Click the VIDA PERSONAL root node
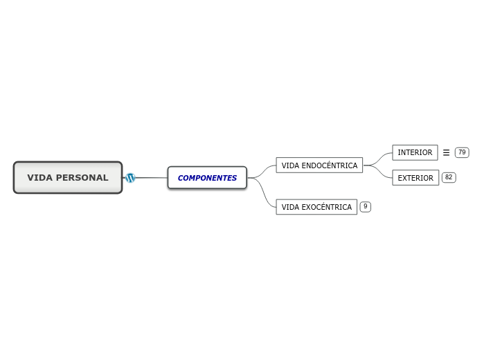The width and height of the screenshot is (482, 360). coord(68,177)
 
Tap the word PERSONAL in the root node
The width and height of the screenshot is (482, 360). coord(82,178)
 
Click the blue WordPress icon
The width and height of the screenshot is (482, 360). coord(130,178)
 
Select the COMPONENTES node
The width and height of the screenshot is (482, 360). coord(207,178)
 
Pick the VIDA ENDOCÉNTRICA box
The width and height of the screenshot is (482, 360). coord(319,165)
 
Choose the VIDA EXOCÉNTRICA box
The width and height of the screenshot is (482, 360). coord(316,207)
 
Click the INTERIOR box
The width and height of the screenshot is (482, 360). coord(415,152)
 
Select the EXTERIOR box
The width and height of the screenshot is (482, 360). coord(416,178)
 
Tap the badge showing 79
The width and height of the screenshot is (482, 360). coord(462,152)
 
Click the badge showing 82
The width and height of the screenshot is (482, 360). coord(449,177)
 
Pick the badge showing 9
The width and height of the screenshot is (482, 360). coord(366,206)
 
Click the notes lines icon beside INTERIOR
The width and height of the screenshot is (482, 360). coord(446,152)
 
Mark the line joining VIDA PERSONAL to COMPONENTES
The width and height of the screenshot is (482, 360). coord(151,178)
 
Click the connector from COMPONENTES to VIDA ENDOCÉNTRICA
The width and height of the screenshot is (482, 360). coord(263,170)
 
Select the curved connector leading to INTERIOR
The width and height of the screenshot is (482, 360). coord(380,157)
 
